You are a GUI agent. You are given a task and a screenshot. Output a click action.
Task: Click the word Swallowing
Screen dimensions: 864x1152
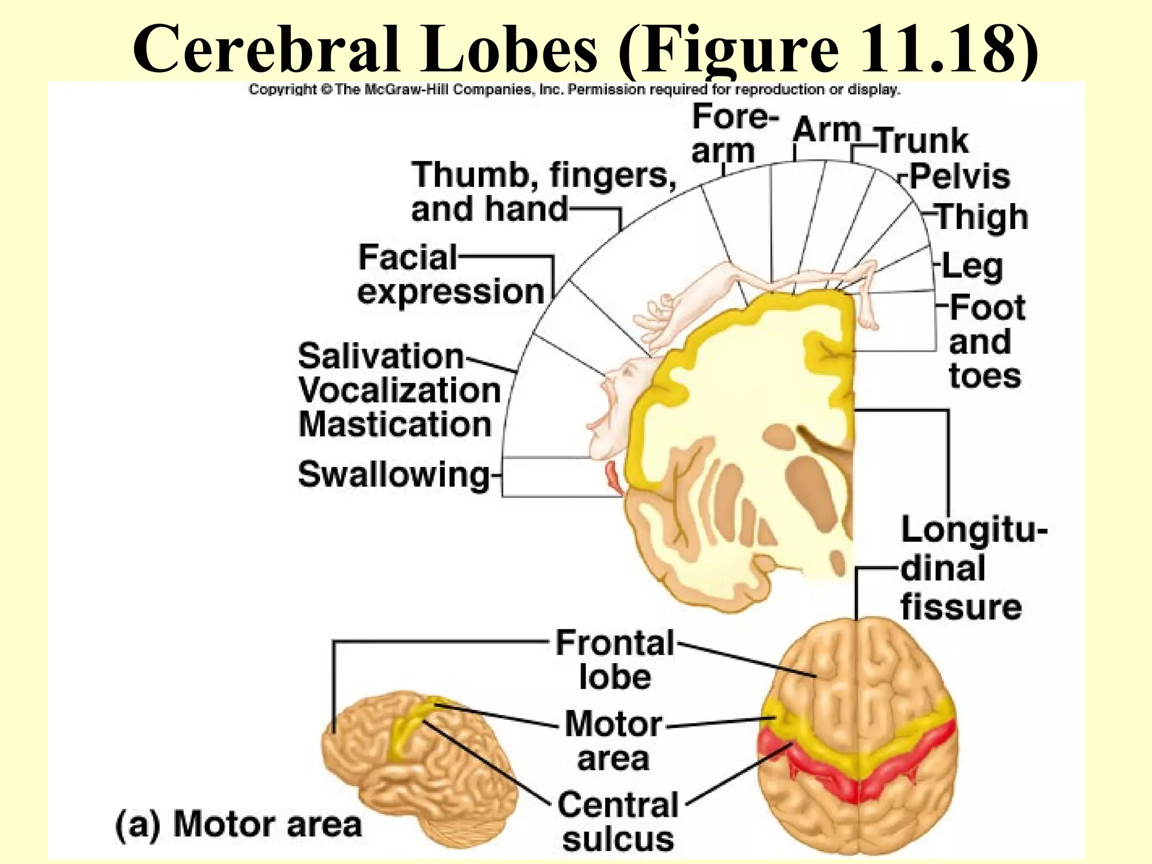pos(394,475)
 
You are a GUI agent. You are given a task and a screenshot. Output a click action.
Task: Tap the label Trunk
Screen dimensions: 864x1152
pos(922,141)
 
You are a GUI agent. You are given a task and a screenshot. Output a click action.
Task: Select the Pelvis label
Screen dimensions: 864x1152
pos(960,177)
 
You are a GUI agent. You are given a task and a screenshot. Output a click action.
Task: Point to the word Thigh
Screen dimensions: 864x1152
pos(982,217)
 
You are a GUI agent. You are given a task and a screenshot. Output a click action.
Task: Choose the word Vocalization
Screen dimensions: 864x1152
pos(399,390)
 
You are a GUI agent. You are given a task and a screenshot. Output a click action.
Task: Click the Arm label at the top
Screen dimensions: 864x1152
pos(826,130)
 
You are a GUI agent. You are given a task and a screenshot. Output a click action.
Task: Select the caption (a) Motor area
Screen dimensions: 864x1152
pos(238,825)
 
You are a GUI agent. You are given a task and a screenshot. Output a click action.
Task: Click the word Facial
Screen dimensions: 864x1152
pos(408,258)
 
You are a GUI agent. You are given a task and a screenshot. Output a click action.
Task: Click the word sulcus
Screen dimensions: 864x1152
pos(618,840)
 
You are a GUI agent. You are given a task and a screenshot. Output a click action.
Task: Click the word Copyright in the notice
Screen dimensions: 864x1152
pos(282,89)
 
